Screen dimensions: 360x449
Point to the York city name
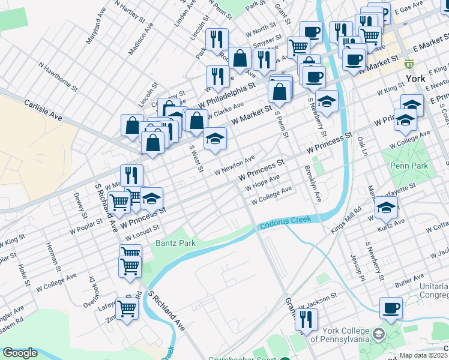[x=415, y=79]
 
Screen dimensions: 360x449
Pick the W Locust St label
[x=142, y=231]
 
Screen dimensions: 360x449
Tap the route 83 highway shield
[x=409, y=64]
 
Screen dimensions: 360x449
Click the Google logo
[x=20, y=353]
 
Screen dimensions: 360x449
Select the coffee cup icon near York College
[x=391, y=308]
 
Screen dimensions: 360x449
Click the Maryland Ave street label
[x=95, y=32]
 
